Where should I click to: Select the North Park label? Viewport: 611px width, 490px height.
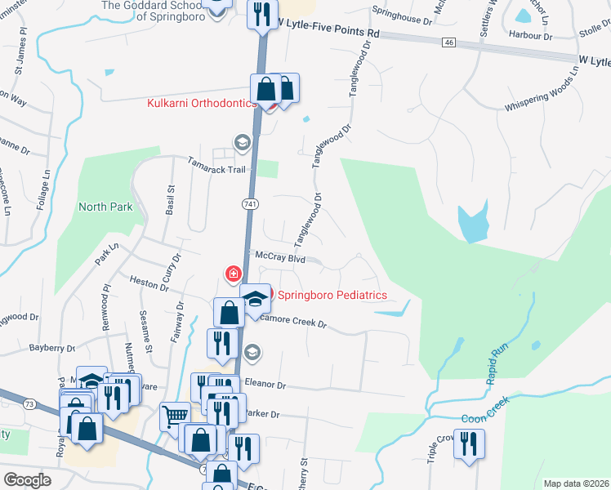tap(105, 207)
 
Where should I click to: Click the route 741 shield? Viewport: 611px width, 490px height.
tap(250, 202)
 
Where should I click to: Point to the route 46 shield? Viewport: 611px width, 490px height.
tap(449, 42)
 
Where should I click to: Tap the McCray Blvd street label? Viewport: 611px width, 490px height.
tap(280, 257)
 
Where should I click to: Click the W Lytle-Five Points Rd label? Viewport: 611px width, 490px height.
tap(328, 27)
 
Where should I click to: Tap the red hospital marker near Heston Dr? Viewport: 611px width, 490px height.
tap(234, 273)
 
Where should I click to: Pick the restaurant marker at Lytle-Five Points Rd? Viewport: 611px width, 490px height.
tap(262, 15)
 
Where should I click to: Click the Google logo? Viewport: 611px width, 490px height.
tap(27, 479)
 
